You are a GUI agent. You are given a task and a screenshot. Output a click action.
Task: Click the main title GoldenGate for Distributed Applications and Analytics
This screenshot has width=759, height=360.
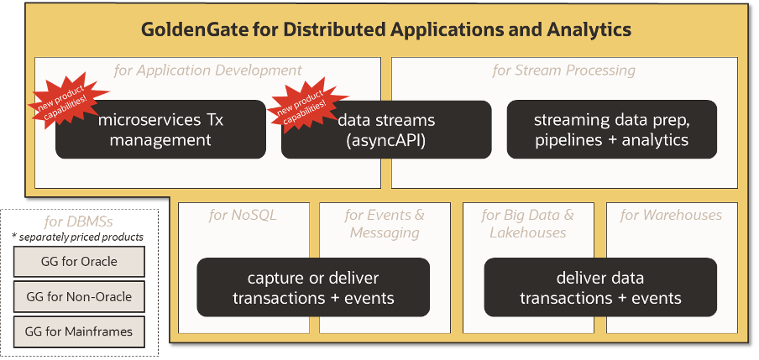(x=385, y=30)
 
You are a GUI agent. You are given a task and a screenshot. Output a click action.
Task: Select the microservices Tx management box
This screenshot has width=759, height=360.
(x=160, y=130)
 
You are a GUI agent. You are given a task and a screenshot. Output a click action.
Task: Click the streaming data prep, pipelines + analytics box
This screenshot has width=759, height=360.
(x=611, y=130)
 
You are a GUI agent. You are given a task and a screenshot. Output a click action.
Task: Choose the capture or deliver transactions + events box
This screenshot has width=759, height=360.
(x=313, y=287)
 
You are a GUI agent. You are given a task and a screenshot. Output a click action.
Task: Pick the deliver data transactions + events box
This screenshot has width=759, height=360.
(x=600, y=287)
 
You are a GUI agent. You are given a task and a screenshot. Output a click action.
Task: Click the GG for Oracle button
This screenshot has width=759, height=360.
(x=79, y=261)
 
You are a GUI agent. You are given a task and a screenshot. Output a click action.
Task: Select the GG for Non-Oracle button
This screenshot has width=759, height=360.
(x=79, y=296)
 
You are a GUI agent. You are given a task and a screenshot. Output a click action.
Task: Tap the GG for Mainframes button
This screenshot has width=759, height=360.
(x=79, y=331)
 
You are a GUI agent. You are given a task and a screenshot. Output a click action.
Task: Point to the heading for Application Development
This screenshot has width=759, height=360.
(x=207, y=70)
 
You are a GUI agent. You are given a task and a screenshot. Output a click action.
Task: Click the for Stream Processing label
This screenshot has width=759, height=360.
(x=563, y=70)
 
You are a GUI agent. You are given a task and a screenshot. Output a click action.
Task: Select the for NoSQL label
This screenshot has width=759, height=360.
(x=243, y=216)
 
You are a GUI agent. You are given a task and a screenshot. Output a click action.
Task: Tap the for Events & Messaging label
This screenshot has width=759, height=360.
(x=385, y=223)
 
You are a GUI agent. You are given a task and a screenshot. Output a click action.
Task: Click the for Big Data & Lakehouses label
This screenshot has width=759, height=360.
(x=527, y=223)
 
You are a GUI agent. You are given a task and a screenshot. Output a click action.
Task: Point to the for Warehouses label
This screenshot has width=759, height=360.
(x=671, y=216)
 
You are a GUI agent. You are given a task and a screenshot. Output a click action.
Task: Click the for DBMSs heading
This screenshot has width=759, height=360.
(x=78, y=222)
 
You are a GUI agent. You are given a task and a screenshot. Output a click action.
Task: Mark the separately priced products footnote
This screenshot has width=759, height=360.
(x=78, y=237)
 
